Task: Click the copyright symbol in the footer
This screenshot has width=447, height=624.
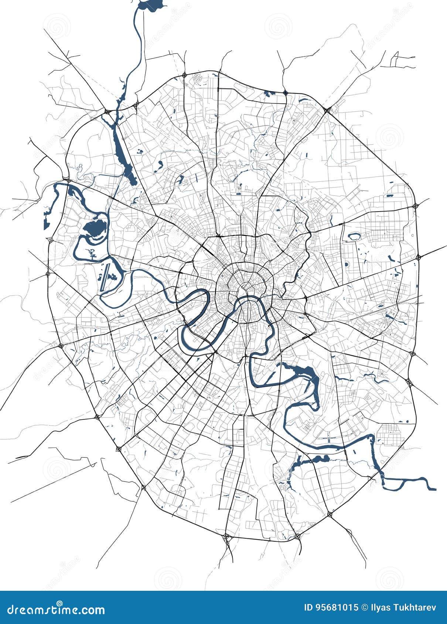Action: (364, 607)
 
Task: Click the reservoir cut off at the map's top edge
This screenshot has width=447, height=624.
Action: (151, 5)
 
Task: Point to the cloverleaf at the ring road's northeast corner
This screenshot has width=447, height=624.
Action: (328, 109)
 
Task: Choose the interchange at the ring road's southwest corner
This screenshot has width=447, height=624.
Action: (119, 449)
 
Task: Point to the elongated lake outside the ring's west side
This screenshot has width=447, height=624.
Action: (46, 222)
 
